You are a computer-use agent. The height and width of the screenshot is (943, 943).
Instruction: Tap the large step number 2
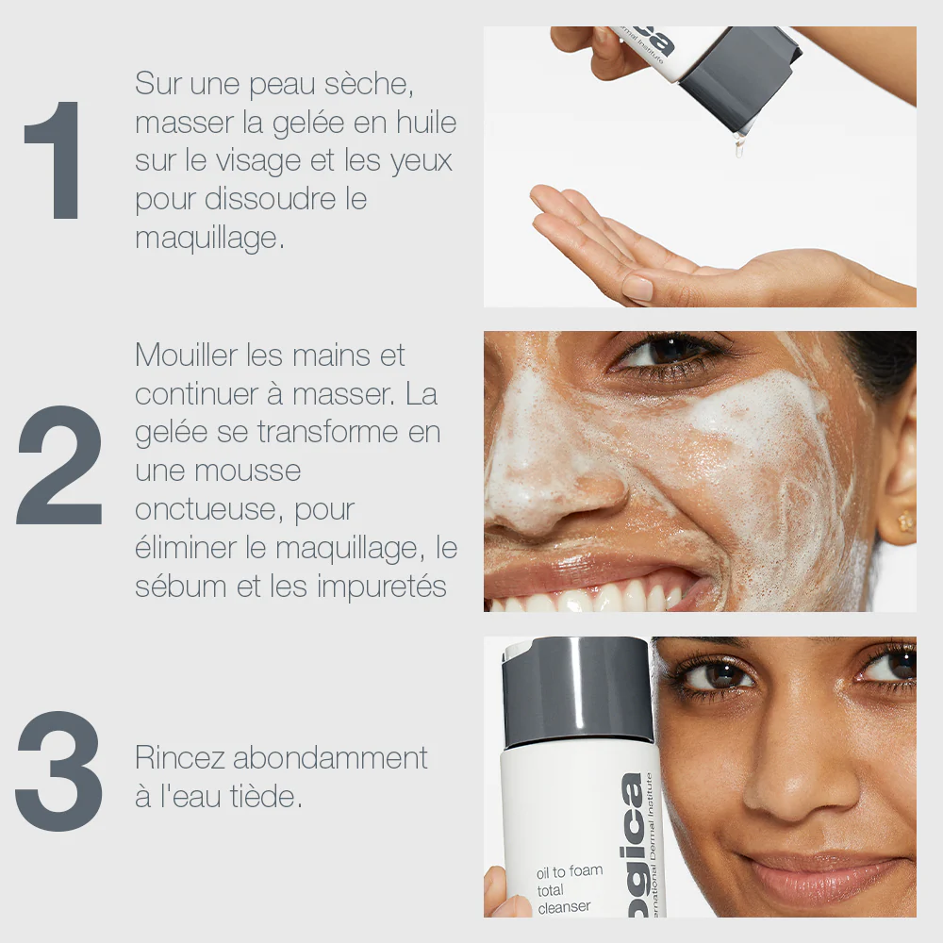58,465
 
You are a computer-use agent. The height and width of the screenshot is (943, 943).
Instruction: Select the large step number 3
58,771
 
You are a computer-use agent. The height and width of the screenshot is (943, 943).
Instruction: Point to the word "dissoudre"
270,199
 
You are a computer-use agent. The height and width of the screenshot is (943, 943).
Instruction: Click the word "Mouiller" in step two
186,355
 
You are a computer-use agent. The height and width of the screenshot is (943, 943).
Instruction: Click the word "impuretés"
382,587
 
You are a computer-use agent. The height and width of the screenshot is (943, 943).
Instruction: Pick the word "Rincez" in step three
180,758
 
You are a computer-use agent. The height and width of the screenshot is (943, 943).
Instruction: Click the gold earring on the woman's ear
904,521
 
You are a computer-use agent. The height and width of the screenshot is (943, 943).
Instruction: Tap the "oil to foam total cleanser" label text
569,889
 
